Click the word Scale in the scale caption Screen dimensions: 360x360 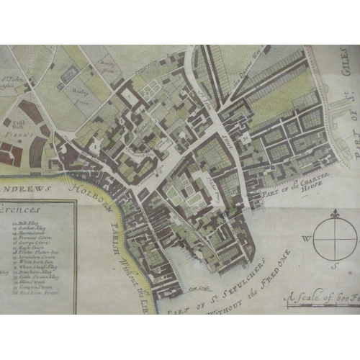[x=302, y=294]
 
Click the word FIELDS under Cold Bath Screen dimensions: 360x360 [x=13, y=134]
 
